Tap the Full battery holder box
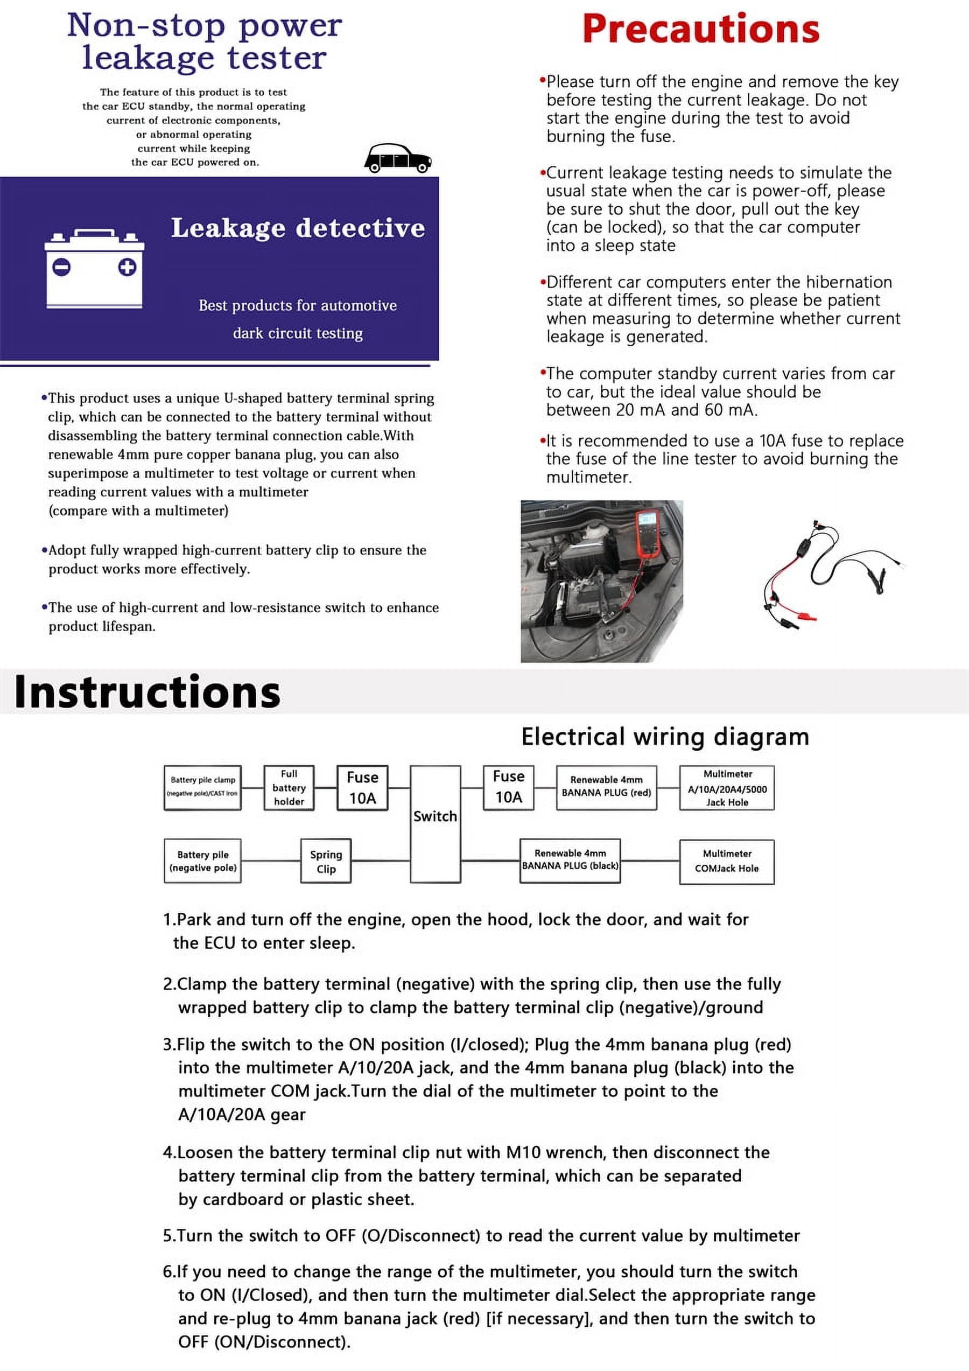pyautogui.click(x=289, y=788)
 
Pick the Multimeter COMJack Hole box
pyautogui.click(x=727, y=861)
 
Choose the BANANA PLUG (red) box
pyautogui.click(x=606, y=787)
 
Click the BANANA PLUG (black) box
pyautogui.click(x=570, y=861)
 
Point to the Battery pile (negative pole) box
pyautogui.click(x=202, y=861)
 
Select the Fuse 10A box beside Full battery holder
pyautogui.click(x=362, y=788)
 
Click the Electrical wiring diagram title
pyautogui.click(x=665, y=737)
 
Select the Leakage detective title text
pyautogui.click(x=298, y=228)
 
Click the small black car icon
pyautogui.click(x=398, y=159)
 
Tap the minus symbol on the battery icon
pyautogui.click(x=61, y=267)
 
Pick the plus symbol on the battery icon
pyautogui.click(x=127, y=267)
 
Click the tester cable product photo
pyautogui.click(x=833, y=572)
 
